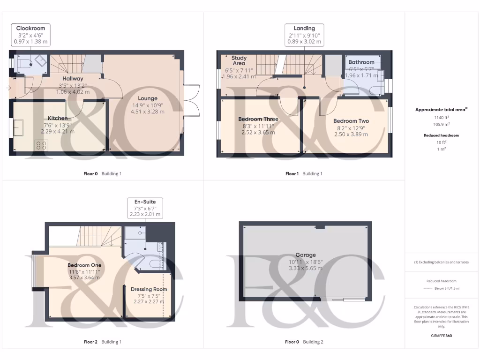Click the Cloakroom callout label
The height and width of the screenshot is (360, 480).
[31, 29]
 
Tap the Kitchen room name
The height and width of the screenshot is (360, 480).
[57, 118]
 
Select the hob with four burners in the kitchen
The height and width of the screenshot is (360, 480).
[41, 145]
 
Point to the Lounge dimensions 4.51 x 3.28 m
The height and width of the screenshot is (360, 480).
[147, 112]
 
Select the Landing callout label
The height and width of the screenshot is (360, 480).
[304, 28]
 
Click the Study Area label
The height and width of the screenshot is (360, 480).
[239, 60]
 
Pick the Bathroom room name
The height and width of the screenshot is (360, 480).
[361, 62]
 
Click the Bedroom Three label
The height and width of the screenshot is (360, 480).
[258, 119]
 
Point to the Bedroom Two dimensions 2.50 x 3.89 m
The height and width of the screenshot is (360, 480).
[351, 134]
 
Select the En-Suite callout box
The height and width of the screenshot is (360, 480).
[145, 208]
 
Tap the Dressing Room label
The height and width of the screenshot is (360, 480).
[149, 289]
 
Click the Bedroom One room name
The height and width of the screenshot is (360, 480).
[84, 265]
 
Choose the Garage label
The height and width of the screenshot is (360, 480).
[305, 255]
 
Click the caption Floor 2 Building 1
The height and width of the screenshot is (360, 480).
[102, 342]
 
